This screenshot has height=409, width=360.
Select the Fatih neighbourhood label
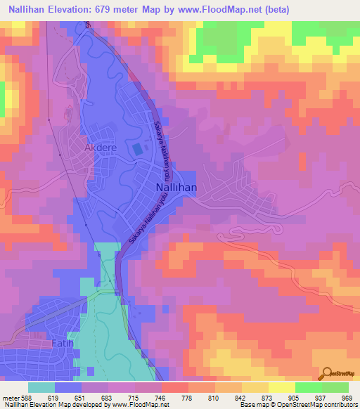[62, 343]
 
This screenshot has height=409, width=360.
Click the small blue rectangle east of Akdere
[136, 149]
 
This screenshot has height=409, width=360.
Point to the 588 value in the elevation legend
[25, 398]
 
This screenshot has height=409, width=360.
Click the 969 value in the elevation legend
[346, 398]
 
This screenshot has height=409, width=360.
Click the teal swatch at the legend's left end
[41, 387]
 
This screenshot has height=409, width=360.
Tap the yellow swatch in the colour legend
[282, 387]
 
